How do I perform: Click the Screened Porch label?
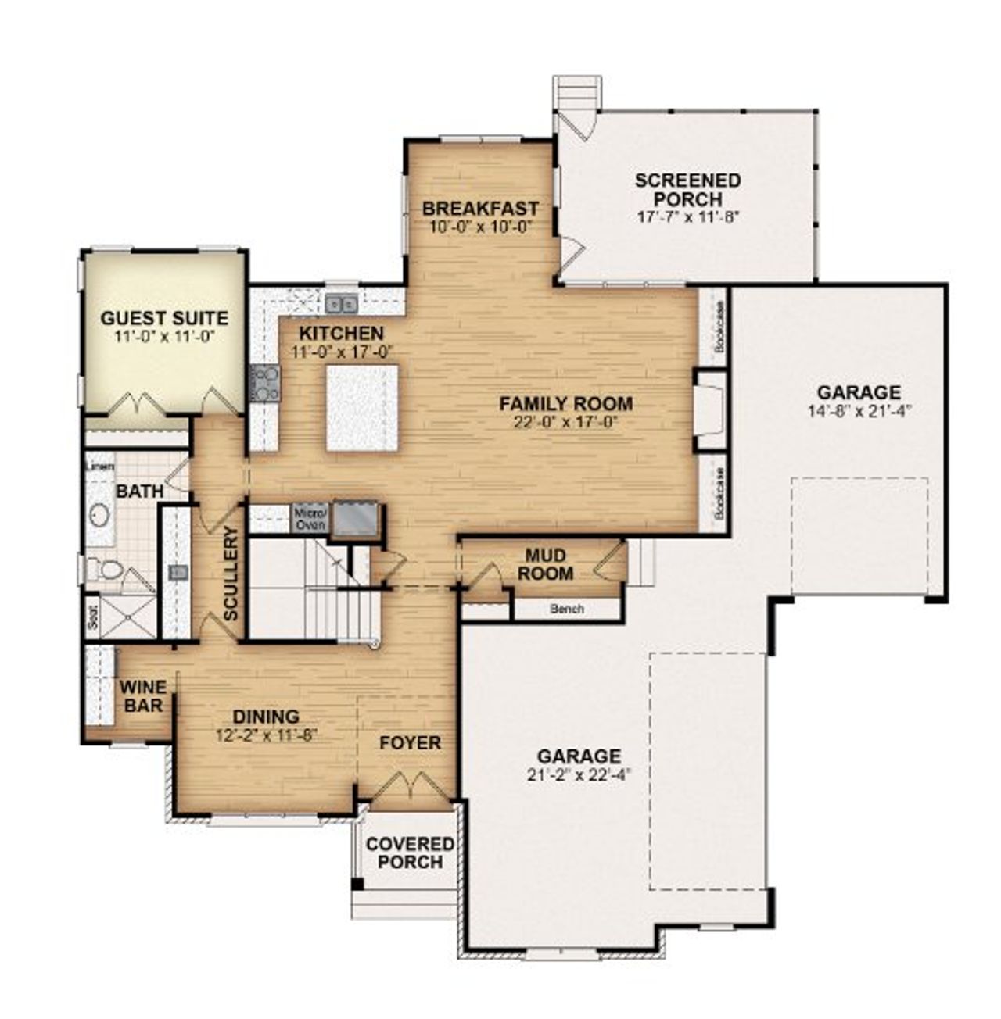click(687, 189)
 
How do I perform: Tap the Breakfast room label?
click(480, 209)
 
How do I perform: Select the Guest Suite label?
click(164, 318)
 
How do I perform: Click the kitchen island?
click(361, 407)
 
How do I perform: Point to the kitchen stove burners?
click(264, 383)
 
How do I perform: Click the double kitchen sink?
click(341, 302)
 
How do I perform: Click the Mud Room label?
click(548, 564)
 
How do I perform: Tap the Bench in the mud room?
click(566, 608)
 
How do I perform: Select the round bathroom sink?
click(99, 515)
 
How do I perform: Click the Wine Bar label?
click(142, 695)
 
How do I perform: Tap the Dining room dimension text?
click(265, 735)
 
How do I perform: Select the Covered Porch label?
click(410, 853)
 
